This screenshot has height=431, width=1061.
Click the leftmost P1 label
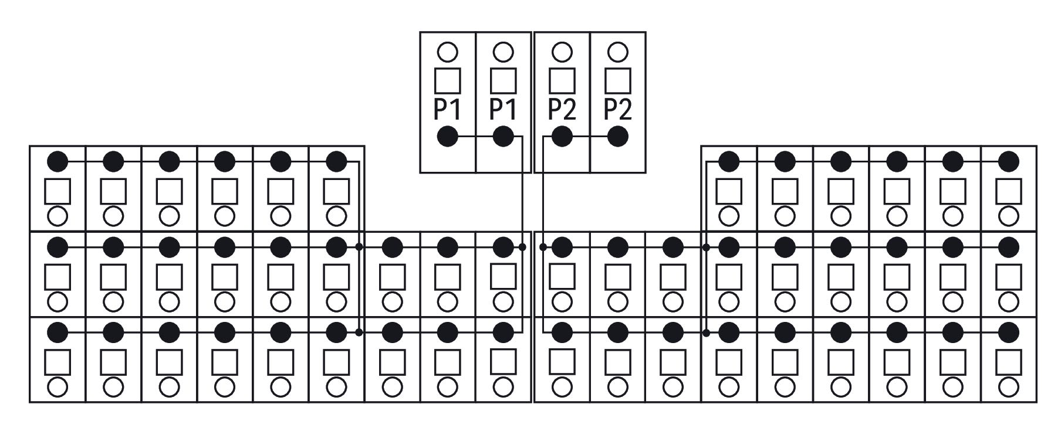coord(447,109)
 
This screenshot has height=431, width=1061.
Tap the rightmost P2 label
coord(618,109)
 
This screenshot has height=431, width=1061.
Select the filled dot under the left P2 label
coord(562,137)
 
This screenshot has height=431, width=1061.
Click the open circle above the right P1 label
coord(503,52)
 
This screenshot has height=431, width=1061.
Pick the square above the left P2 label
coord(562,81)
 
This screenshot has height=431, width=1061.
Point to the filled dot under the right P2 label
coord(617,137)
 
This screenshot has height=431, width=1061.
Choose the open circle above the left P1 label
coord(447,52)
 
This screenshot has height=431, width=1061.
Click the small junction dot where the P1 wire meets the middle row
coord(522,247)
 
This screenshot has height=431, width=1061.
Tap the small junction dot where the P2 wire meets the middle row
coord(543,247)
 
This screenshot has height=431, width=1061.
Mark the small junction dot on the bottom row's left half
coord(359,332)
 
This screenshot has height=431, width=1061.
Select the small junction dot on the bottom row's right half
coord(706,332)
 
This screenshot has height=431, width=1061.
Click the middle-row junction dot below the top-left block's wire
coord(359,247)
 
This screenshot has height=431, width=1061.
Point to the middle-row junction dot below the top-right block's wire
coord(706,247)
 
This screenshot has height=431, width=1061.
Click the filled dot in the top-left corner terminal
coord(58,161)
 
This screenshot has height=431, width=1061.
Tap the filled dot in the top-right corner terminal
coord(1008,161)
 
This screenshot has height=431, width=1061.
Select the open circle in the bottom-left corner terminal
coord(58,386)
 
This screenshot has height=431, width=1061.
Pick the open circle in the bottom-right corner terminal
coord(1008,386)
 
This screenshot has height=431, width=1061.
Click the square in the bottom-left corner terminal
coord(58,362)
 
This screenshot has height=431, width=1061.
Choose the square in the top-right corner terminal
coord(1008,191)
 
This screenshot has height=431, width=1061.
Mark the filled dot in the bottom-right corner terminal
coord(1008,332)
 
